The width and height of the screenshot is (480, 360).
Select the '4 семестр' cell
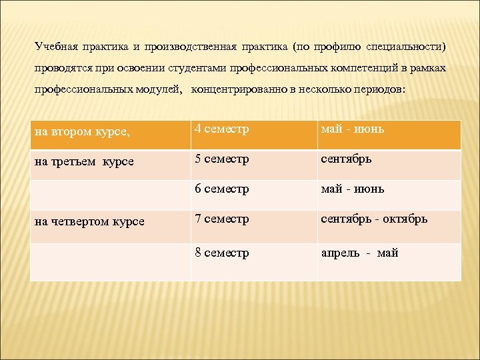(x=222, y=129)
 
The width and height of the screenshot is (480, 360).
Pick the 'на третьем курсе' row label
(x=84, y=162)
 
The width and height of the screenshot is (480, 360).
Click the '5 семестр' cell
(x=222, y=159)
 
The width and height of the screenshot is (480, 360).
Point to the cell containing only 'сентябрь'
(x=346, y=159)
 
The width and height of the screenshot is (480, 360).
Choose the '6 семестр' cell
(x=222, y=189)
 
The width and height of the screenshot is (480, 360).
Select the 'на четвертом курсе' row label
(x=89, y=221)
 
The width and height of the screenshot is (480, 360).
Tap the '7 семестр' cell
(x=222, y=219)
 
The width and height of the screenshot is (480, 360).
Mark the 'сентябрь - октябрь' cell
(x=374, y=219)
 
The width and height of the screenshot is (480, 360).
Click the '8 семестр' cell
(x=222, y=253)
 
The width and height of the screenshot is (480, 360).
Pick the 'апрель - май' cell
(x=359, y=253)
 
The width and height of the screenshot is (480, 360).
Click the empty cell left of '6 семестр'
(x=110, y=195)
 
